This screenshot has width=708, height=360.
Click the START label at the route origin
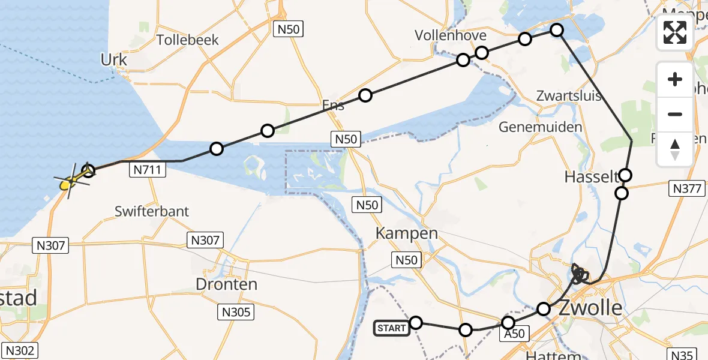pos(391,328)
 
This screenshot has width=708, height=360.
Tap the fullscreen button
pos(675,32)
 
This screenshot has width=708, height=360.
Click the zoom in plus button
pos(675,79)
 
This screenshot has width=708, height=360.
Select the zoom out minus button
pos(675,114)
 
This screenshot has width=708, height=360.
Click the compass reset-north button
pos(675,149)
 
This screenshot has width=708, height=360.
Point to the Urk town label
pos(114,60)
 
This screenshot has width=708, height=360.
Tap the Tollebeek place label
pos(187,40)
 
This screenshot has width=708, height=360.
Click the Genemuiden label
pos(541,127)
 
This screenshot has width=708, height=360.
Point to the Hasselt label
pos(591,177)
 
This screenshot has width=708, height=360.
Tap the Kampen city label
pos(406,233)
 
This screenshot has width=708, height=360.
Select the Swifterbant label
pos(152,211)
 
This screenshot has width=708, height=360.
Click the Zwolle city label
pos(590,308)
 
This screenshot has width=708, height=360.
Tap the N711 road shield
pos(146,170)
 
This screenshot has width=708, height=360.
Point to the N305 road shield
pos(236,312)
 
